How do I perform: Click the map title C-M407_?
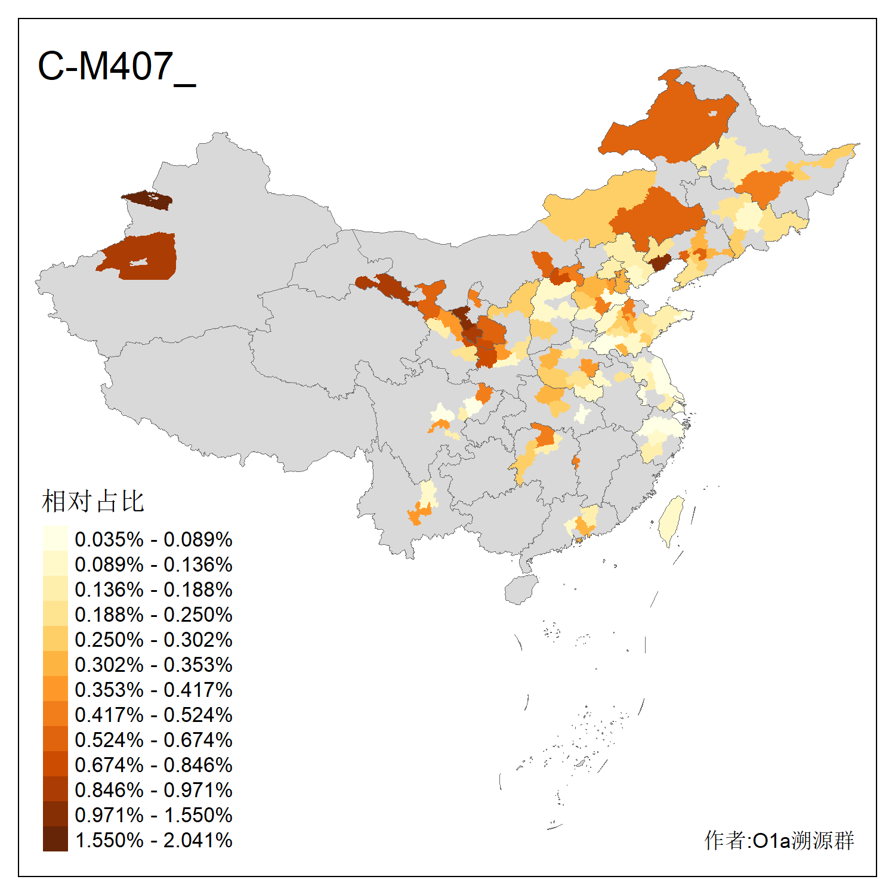(116, 67)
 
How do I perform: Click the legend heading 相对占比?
(93, 501)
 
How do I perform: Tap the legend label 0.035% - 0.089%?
(153, 539)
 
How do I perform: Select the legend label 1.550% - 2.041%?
(153, 840)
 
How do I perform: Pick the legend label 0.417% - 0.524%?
(153, 715)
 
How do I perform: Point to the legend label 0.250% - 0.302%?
(153, 640)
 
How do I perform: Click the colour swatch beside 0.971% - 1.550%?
(55, 815)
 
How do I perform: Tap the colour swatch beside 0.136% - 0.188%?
(55, 590)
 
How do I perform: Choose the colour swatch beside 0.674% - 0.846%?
(55, 765)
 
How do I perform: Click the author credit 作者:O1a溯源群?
(779, 840)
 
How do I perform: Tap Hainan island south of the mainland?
(520, 590)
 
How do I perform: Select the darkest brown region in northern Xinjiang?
(149, 200)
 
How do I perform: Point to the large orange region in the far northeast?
(674, 125)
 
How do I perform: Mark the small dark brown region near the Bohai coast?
(659, 262)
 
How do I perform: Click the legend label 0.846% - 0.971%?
(153, 790)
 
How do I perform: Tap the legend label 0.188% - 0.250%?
(153, 615)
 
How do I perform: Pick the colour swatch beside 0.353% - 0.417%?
(55, 690)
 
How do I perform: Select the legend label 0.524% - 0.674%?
(153, 740)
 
